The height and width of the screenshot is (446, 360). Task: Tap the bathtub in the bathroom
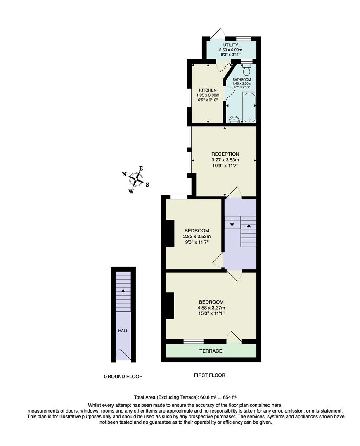pyautogui.click(x=249, y=107)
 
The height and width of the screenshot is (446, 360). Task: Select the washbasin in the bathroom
pyautogui.click(x=234, y=120)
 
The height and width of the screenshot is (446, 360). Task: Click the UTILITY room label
pyautogui.click(x=231, y=45)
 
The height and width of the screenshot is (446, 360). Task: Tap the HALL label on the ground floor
pyautogui.click(x=123, y=330)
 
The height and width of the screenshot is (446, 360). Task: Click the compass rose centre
pyautogui.click(x=136, y=179)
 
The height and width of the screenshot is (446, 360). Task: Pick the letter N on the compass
pyautogui.click(x=124, y=174)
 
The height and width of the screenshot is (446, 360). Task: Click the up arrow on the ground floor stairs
pyautogui.click(x=123, y=293)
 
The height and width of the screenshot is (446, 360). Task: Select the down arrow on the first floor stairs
pyautogui.click(x=232, y=223)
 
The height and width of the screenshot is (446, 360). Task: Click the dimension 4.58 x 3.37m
pyautogui.click(x=211, y=308)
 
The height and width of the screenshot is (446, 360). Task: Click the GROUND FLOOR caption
pyautogui.click(x=123, y=376)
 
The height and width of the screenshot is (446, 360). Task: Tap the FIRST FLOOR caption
pyautogui.click(x=209, y=375)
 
